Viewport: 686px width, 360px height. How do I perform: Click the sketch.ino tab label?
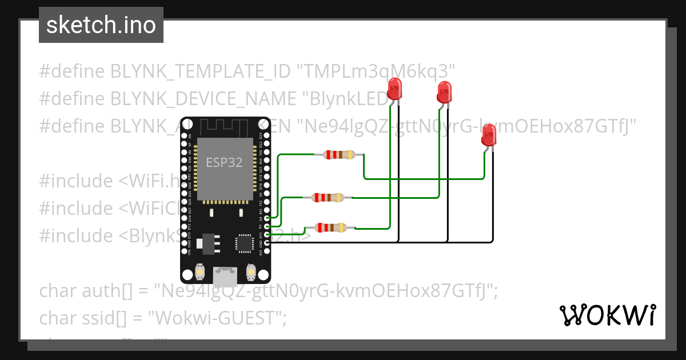coord(101,25)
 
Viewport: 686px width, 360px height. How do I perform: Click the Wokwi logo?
coord(607,315)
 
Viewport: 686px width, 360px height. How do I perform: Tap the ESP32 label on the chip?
coord(224,162)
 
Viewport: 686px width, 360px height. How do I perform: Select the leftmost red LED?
coord(394,89)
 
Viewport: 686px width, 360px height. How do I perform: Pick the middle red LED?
coord(444,91)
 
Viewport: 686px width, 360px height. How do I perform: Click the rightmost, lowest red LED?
coord(489,136)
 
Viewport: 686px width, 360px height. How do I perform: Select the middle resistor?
coord(328,198)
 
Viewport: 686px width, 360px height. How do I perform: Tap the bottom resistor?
coord(332,227)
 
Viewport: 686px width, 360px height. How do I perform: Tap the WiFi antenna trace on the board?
coord(224,127)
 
